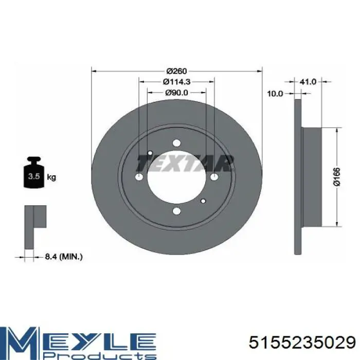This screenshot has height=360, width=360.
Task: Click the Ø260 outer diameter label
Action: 176,71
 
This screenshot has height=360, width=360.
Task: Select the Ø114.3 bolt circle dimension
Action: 176,81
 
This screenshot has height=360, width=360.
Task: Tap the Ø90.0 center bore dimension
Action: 176,93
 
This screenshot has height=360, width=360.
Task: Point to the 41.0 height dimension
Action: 308,82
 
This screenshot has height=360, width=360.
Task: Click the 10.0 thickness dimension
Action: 275,94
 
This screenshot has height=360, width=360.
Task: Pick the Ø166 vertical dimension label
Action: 337,176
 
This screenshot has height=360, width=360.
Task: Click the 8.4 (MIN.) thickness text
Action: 64,257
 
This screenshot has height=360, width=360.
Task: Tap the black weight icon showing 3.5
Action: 33,173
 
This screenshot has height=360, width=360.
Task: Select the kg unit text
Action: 51,177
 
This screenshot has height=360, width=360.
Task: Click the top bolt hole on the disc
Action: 176,143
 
